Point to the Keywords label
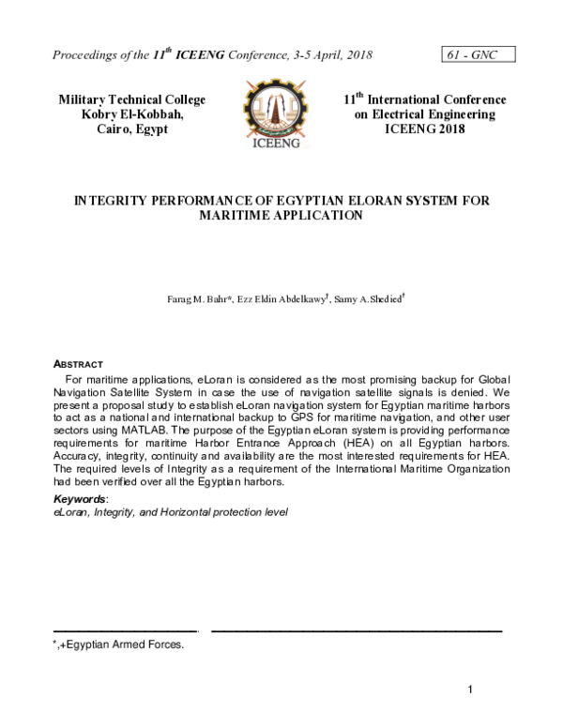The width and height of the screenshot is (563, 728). point(79,498)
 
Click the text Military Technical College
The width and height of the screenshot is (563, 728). point(131,99)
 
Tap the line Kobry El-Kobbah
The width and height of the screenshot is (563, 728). point(131,114)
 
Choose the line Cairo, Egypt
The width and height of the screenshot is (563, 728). point(131,129)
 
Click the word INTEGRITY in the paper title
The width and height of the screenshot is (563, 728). point(108,201)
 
